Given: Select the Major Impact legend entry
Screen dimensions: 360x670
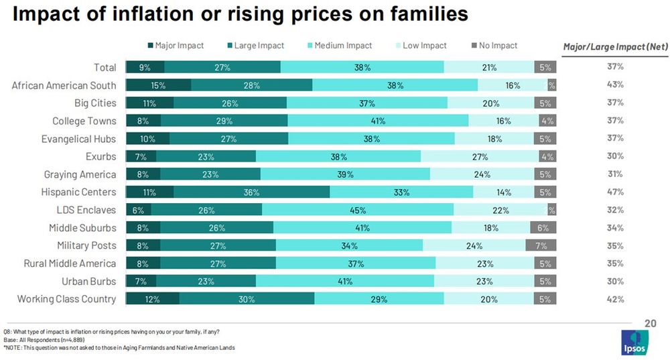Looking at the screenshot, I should point(175,46).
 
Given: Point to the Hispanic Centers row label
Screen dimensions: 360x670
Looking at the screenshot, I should point(80,192).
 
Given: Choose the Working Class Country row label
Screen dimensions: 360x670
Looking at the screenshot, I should point(66,299).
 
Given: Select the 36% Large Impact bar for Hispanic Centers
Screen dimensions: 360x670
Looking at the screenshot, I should point(251,192).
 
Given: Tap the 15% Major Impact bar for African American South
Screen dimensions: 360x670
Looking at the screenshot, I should point(159,85).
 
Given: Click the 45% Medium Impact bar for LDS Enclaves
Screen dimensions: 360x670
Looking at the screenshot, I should point(357,210).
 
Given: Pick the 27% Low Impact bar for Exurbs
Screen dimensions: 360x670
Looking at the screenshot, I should point(480,156).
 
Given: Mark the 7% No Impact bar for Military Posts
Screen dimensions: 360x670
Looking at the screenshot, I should point(541,245).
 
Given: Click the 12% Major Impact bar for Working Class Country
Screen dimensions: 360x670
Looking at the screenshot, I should point(153,299).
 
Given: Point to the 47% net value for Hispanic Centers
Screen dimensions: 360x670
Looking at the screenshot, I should point(615,192).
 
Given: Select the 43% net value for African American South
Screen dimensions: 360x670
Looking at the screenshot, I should point(615,85).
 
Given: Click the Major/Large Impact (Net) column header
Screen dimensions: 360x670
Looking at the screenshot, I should point(614,46).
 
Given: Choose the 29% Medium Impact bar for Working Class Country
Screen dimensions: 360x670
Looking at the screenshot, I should point(379,299).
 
